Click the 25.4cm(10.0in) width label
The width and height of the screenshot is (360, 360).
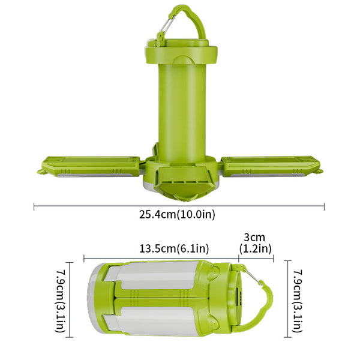click(x=178, y=214)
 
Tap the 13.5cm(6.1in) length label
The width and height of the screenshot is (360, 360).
click(x=174, y=248)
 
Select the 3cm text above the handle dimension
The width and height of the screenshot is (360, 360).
click(x=256, y=237)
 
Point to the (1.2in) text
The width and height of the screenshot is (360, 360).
click(x=256, y=248)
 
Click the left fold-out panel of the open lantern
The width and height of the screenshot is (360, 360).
click(x=90, y=166)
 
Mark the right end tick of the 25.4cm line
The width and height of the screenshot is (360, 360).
click(x=324, y=206)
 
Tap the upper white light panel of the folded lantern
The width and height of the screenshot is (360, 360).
click(x=156, y=278)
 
